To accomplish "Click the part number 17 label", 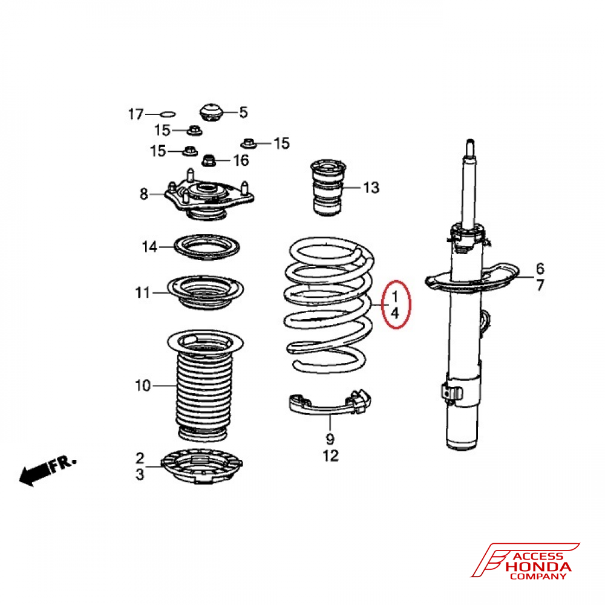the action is point(136,114).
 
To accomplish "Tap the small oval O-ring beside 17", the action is point(168,114).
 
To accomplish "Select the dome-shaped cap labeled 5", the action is point(211,112).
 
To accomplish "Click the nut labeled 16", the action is point(209,160).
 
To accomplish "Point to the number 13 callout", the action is point(371,188).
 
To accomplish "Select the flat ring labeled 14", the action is point(207,247).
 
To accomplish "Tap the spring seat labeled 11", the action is point(205,292).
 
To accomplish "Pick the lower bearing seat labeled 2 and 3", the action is point(202,466).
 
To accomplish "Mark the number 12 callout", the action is point(331,456).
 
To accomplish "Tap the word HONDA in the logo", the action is point(538,567).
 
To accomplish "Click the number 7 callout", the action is point(540,285).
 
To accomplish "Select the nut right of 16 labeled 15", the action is point(249,143).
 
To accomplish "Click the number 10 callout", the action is point(143,385).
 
